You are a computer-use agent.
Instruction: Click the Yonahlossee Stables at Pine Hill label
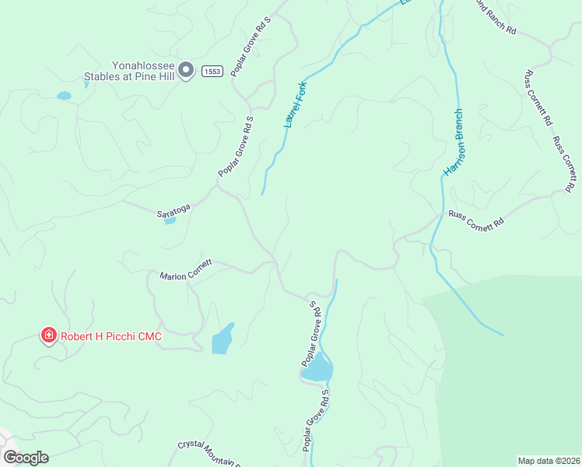coord(130,72)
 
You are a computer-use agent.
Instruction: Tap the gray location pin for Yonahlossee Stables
coord(186,71)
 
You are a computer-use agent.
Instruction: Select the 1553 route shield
coord(212,72)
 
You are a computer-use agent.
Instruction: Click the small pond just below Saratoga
coord(170,220)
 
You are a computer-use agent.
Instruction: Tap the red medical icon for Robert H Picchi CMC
coord(48,335)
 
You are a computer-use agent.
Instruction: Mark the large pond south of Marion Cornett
coord(222,339)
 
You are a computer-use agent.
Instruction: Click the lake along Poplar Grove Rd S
coord(317,367)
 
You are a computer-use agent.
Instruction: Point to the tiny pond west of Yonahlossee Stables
coord(64,96)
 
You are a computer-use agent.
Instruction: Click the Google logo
coord(26,458)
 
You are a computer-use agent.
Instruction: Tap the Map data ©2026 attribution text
coord(548,461)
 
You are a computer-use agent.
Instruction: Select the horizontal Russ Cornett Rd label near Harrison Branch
coord(475,219)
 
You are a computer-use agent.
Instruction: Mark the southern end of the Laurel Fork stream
coord(262,193)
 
